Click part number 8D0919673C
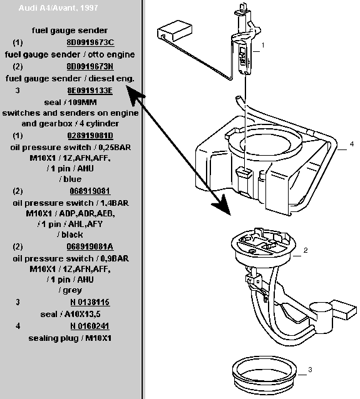tap(90, 43)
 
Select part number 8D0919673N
tap(90, 66)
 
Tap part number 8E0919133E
tap(90, 90)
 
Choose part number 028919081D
tap(90, 135)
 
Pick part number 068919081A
tap(90, 246)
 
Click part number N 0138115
tap(90, 302)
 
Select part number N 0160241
tap(90, 326)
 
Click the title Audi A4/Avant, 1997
tap(58, 8)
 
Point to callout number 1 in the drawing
tap(263, 45)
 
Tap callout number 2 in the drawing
tap(306, 250)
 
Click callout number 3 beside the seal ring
tap(310, 370)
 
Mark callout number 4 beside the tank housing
tap(352, 144)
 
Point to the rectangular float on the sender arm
tap(175, 31)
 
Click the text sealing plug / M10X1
tap(70, 338)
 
